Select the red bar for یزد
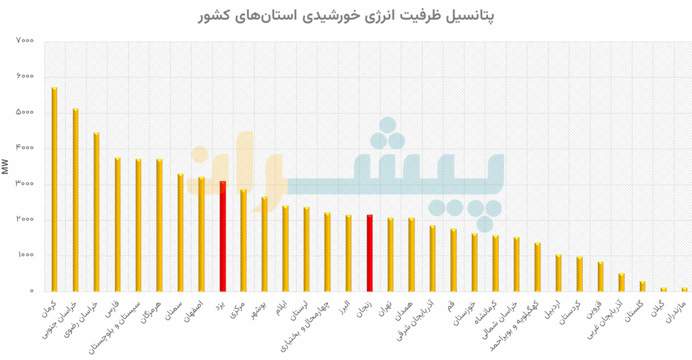click(223, 236)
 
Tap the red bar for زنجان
click(370, 253)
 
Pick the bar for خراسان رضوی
click(96, 212)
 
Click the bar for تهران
click(390, 254)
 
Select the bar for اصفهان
click(201, 234)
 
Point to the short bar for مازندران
click(684, 289)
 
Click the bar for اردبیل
click(558, 273)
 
